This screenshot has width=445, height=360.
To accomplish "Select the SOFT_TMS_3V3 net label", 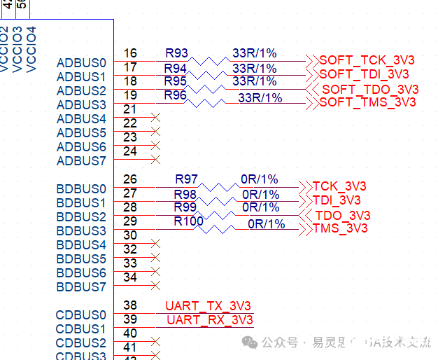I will coord(367,102).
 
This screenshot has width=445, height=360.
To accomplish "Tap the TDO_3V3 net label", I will coord(342,215).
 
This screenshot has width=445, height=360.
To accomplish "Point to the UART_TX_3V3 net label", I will coord(208,306).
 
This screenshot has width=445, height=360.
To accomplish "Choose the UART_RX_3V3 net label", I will coord(209,320).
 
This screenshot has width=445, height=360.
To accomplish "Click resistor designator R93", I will coord(176,53).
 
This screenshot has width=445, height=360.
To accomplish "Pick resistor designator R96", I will coord(175,95).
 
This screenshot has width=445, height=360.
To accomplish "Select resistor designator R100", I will coord(188,221).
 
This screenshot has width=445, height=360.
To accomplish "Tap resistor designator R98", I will coord(185,193).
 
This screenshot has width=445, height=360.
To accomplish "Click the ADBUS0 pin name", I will coord(81,63).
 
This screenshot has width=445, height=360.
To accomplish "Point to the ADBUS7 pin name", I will coord(81,161).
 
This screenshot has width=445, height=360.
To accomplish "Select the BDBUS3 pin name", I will coord(81,231).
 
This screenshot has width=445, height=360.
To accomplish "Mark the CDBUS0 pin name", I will coord(81,315).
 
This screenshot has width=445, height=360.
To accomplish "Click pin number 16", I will coord(129,53).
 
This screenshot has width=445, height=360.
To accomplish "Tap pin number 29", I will coord(129,221).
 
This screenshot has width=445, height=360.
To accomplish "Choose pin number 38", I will coord(129,305).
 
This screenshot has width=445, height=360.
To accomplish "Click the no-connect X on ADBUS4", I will coord(156,118).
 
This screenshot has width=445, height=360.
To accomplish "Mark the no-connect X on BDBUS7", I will coord(156,286).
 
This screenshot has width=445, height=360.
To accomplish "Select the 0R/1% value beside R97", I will coord(260,179).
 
